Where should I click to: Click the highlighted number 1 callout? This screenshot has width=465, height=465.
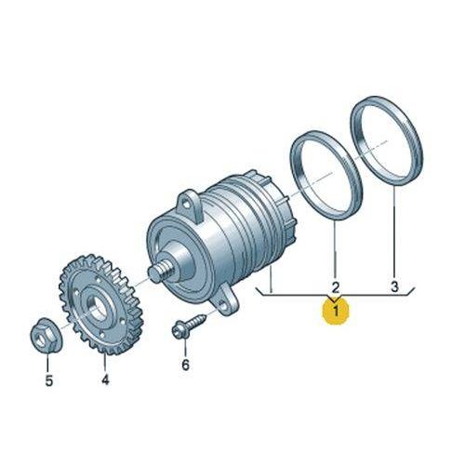[336, 311]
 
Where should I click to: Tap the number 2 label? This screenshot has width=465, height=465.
[336, 287]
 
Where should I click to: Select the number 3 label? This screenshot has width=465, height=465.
[394, 286]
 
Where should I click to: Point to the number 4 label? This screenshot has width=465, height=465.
[105, 379]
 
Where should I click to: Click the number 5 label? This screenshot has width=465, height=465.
[49, 380]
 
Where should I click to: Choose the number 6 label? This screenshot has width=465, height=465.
[185, 365]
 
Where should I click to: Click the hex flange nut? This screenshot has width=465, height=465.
[47, 336]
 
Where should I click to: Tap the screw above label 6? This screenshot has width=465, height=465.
[189, 325]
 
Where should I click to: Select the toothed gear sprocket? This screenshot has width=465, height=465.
[101, 304]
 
